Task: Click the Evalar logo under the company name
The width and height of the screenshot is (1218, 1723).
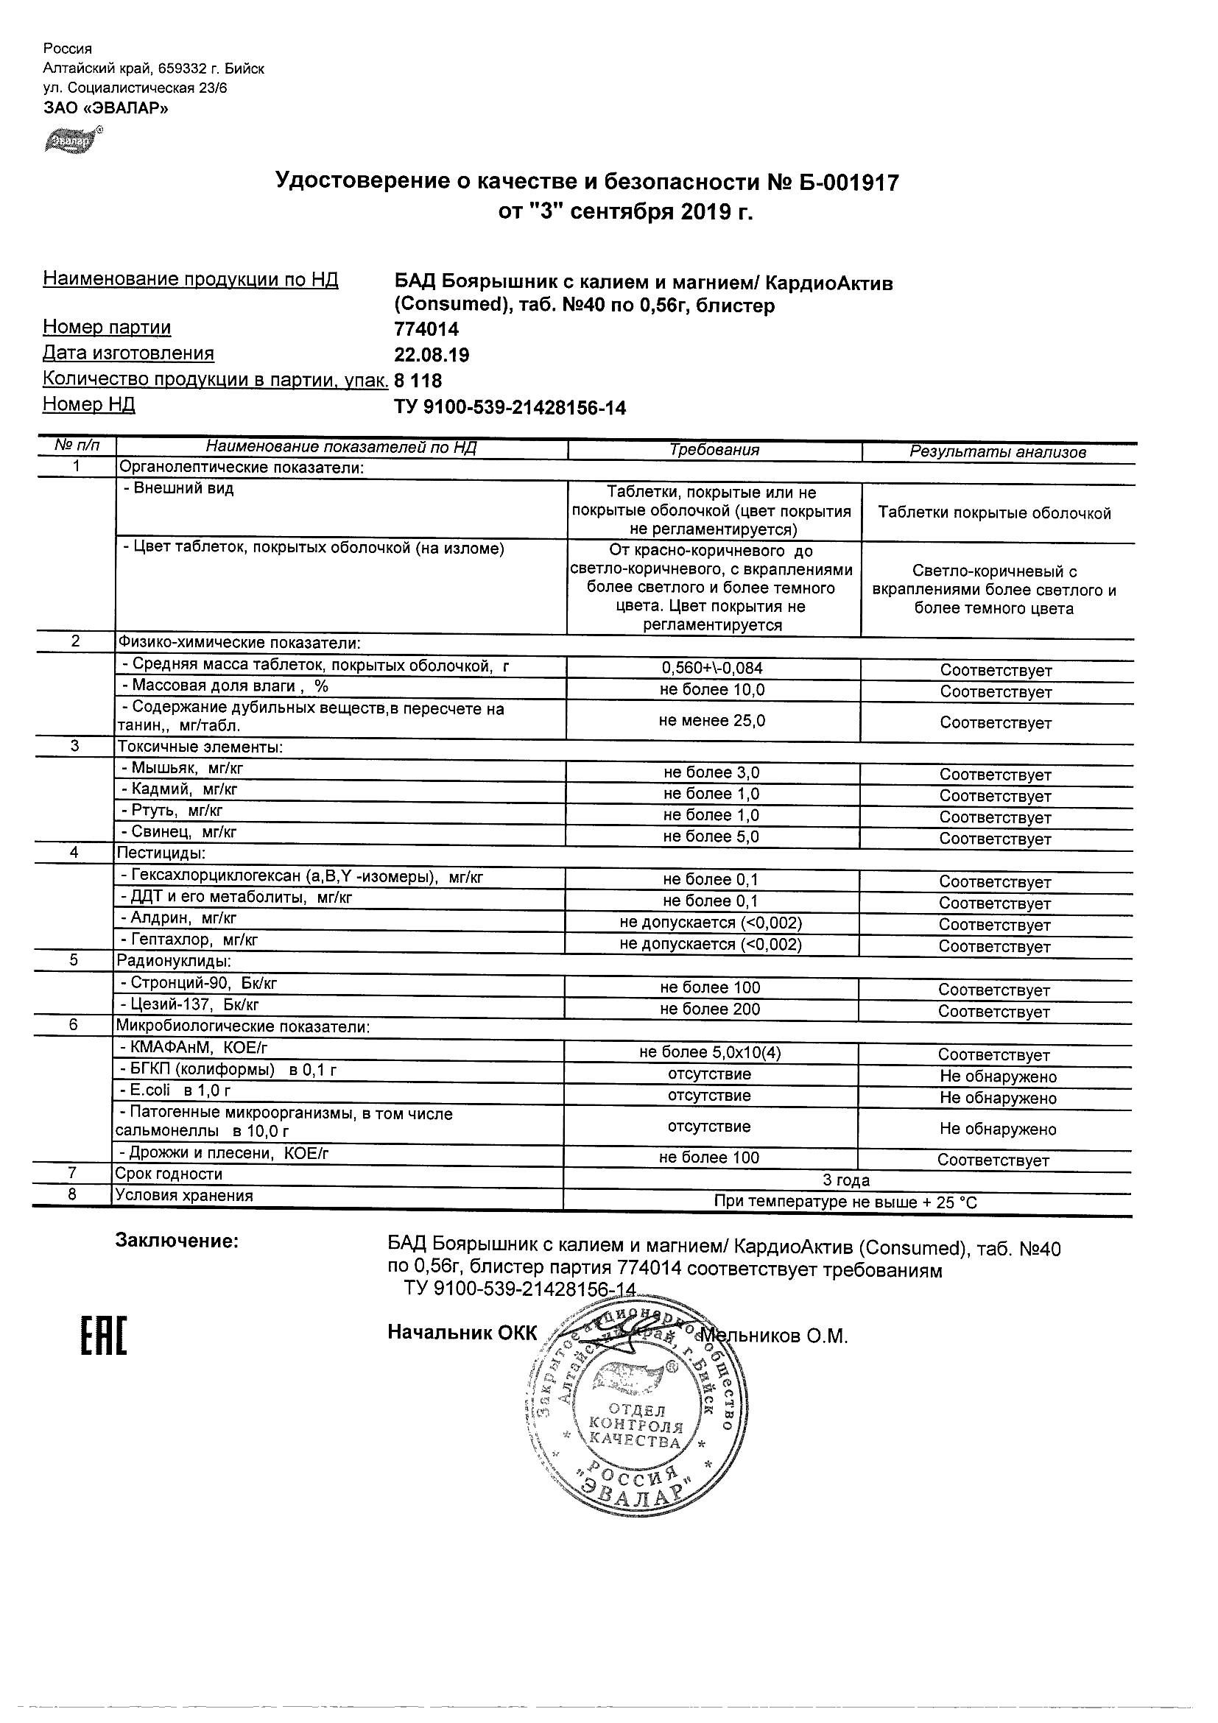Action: [72, 141]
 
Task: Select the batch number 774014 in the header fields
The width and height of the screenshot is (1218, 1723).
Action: [426, 329]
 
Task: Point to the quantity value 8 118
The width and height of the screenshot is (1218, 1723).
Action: [418, 381]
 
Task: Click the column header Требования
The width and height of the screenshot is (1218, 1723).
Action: [714, 450]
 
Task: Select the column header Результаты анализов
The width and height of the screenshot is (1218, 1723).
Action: [997, 452]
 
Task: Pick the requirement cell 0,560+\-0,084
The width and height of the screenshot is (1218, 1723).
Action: [712, 668]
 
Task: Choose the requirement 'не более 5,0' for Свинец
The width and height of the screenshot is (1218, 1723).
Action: [711, 836]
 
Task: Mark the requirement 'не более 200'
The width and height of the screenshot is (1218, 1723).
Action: [710, 1010]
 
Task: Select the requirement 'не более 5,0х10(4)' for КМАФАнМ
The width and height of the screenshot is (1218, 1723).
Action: [710, 1053]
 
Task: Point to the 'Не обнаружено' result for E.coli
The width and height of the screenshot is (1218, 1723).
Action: [997, 1098]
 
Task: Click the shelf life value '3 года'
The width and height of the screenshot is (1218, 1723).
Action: [846, 1180]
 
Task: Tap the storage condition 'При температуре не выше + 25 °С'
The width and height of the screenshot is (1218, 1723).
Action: [846, 1202]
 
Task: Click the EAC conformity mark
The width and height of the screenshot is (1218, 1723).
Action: [104, 1336]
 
